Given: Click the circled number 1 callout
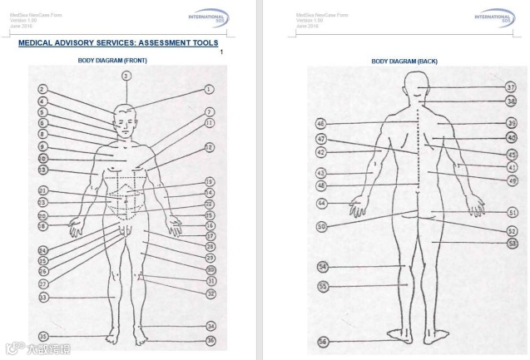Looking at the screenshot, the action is (209, 89).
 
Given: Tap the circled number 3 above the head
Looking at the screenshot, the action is (126, 76).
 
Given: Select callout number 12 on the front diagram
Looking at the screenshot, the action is (210, 147).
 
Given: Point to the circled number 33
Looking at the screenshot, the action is (42, 297).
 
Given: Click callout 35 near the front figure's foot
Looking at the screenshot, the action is (42, 337).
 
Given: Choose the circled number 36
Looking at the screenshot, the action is (211, 340).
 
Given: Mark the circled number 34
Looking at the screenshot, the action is (211, 327).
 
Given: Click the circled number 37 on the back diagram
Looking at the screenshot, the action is (511, 86).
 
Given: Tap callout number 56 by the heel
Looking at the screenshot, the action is (323, 342).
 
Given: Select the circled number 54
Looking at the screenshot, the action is (323, 267).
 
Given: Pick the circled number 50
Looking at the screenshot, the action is (321, 226).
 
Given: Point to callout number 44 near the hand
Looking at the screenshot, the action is (321, 203).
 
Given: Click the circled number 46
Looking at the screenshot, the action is (320, 124).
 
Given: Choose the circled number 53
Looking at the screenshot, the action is (513, 243).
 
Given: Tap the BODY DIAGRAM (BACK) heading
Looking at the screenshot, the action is (404, 61).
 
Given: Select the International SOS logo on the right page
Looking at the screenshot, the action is (494, 17).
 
